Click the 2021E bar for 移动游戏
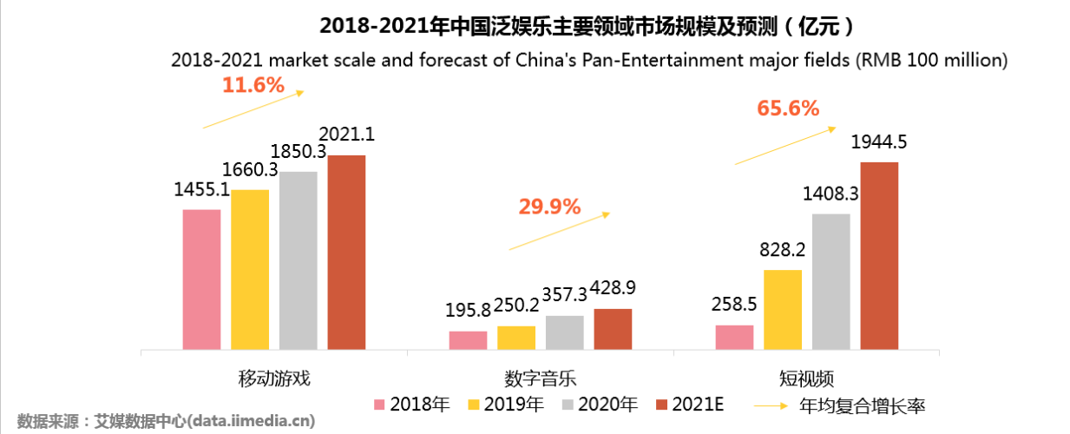(346, 253)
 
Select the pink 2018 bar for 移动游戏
(201, 279)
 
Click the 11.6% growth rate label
(253, 85)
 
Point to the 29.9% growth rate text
(548, 207)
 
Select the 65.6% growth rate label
(788, 108)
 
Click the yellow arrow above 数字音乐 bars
(560, 231)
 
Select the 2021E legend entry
(691, 404)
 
